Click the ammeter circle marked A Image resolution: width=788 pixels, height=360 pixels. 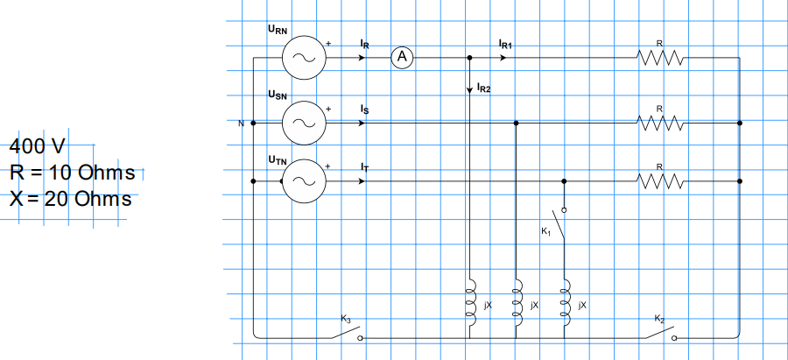[402, 58]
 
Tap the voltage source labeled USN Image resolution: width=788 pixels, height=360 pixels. [304, 123]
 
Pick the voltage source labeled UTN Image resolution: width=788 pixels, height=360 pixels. [304, 181]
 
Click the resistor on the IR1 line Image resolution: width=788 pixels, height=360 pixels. [660, 59]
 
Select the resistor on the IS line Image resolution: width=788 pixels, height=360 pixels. [660, 124]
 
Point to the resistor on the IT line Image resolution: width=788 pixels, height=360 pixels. [660, 181]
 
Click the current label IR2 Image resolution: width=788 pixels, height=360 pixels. [484, 88]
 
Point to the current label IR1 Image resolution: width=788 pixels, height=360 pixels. [505, 43]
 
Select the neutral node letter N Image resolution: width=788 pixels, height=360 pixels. [241, 124]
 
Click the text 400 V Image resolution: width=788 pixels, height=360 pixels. [38, 145]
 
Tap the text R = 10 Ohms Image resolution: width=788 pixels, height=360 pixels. [73, 172]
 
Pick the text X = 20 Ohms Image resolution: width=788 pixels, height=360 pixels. [71, 199]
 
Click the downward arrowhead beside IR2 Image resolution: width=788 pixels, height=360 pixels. [470, 89]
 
